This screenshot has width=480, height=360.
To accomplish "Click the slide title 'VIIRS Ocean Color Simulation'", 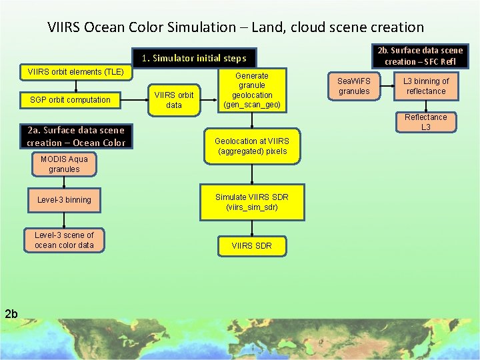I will coord(235,27).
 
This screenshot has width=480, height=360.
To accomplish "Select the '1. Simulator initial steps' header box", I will coord(193,58).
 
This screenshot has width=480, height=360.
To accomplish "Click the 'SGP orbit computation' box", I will coord(70,100).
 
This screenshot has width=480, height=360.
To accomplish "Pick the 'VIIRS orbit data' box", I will coord(173,100).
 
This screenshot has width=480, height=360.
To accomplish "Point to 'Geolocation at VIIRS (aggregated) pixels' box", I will coord(251,146).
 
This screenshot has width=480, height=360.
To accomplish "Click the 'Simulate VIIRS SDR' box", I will coord(251,202).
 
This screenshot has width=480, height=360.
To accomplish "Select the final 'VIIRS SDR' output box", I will coord(251,246).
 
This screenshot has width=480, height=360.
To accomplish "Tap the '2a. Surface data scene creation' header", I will coord(76,136).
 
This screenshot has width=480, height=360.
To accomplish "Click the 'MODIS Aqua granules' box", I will coord(64,164).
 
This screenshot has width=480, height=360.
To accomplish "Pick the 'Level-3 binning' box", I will coord(64,200).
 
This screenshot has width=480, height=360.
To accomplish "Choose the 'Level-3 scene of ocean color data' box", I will coord(64,240).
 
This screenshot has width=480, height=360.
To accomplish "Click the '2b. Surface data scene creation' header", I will coord(420,55).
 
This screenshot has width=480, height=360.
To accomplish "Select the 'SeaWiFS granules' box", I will coord(353,86).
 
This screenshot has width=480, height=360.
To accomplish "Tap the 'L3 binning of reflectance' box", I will coord(426,86).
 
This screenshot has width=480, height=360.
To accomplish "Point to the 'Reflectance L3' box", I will coord(426,121).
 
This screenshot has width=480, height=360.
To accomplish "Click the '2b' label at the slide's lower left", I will coord(12,313).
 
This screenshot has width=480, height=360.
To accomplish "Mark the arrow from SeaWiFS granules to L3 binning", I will coord(387,86).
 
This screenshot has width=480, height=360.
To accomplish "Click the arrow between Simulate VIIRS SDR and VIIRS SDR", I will coord(251,227).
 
